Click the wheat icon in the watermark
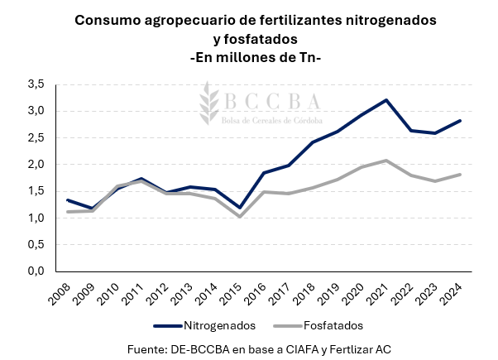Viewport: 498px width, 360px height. [208, 104]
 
